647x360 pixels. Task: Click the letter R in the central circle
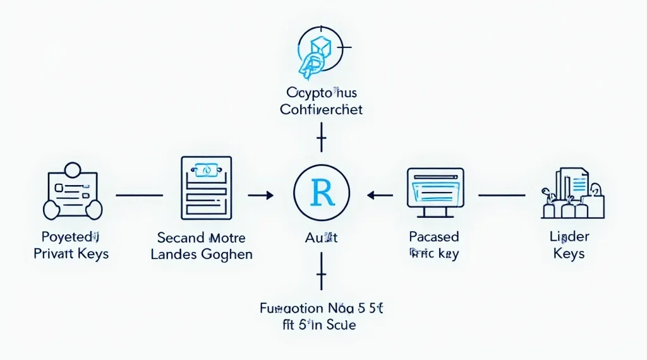[x=322, y=192]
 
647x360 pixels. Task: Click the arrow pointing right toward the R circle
[x=260, y=196]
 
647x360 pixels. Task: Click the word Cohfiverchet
[x=322, y=109]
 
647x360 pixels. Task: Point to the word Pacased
[x=433, y=237]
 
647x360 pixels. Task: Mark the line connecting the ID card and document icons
[x=139, y=196]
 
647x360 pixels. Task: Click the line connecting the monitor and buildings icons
[x=502, y=196]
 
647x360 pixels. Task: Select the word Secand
[x=180, y=238]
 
